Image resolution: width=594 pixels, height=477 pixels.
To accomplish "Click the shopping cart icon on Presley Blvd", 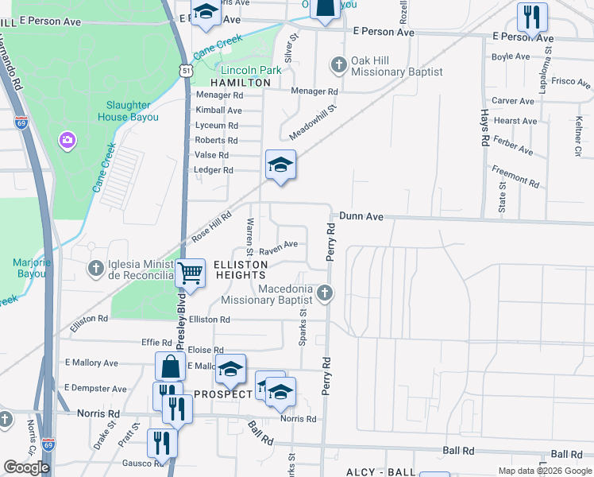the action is [x=191, y=273].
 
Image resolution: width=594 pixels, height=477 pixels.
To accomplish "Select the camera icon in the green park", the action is [x=67, y=141].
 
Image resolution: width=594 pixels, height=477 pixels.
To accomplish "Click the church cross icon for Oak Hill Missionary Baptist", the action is [x=339, y=64].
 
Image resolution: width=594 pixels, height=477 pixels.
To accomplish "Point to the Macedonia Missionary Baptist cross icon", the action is [x=324, y=294].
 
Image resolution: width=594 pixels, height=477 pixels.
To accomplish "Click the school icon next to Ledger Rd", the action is [x=280, y=165].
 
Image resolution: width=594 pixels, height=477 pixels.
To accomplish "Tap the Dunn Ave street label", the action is [x=361, y=215].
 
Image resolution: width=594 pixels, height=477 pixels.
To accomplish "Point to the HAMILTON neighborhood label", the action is [x=241, y=83].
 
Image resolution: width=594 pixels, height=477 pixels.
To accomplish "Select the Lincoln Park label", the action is [x=251, y=70].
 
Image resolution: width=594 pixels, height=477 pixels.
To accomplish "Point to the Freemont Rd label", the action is [x=515, y=175].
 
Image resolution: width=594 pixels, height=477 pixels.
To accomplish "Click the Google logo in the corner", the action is [x=26, y=467].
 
